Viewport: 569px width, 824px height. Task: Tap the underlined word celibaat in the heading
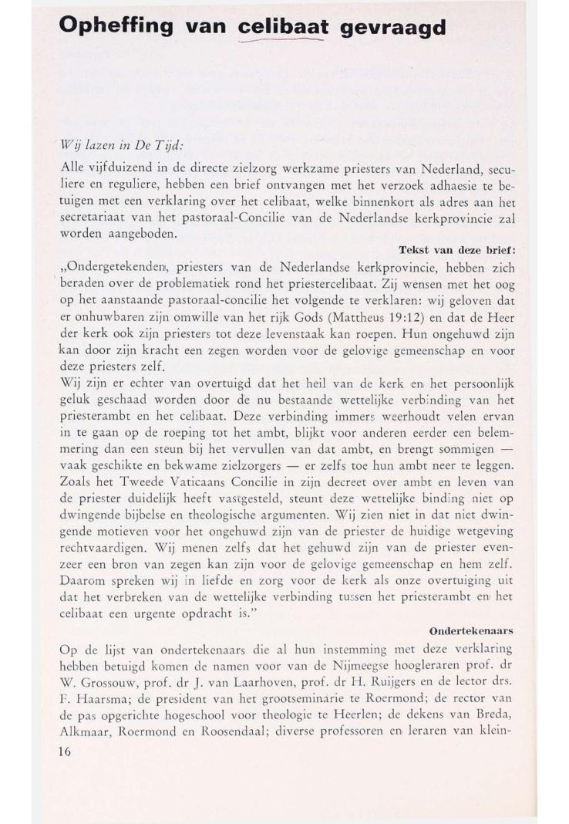point(284,28)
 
